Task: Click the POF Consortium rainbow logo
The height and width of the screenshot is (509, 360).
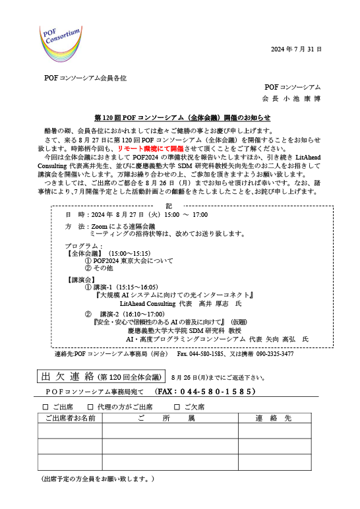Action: pyautogui.click(x=61, y=44)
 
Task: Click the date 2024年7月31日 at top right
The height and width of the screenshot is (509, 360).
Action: pyautogui.click(x=296, y=49)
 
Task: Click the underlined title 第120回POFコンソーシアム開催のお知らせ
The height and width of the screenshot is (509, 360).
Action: pyautogui.click(x=183, y=117)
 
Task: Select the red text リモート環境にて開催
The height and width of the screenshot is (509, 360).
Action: pyautogui.click(x=150, y=148)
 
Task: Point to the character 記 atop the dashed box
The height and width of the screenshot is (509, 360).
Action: pyautogui.click(x=169, y=206)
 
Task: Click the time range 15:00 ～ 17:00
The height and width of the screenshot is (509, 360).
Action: pyautogui.click(x=186, y=214)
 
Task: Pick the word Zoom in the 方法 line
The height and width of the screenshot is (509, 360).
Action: pyautogui.click(x=100, y=227)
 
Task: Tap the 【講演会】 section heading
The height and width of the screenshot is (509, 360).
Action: pyautogui.click(x=81, y=280)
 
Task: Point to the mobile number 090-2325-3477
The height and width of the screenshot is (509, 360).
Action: pyautogui.click(x=275, y=354)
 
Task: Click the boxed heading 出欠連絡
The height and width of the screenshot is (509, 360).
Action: pyautogui.click(x=67, y=376)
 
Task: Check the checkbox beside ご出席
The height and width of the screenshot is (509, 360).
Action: pyautogui.click(x=45, y=407)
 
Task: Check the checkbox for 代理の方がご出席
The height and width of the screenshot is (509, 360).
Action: pyautogui.click(x=90, y=407)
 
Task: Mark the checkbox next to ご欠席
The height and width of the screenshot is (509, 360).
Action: pyautogui.click(x=177, y=407)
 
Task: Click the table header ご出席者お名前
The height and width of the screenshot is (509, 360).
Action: pyautogui.click(x=70, y=418)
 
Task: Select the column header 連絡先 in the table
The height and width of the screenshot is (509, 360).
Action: pyautogui.click(x=274, y=418)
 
